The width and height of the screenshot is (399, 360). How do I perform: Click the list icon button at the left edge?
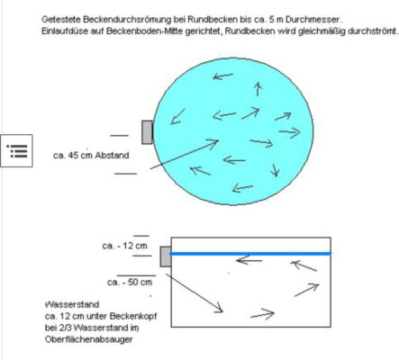[x=16, y=150]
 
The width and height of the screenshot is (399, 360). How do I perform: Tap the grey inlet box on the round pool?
[x=147, y=132]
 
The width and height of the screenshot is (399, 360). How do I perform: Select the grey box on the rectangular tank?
[x=166, y=256]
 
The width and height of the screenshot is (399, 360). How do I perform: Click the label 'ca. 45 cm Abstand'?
[x=91, y=156]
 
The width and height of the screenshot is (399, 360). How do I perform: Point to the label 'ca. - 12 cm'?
[x=124, y=246]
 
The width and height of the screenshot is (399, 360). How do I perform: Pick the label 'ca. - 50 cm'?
[x=130, y=283]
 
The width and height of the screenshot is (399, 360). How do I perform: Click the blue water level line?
[x=250, y=254]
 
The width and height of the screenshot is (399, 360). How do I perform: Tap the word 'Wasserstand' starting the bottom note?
[x=72, y=304]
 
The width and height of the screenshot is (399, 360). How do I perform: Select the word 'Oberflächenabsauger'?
[x=88, y=339]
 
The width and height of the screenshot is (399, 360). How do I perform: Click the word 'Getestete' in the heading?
[x=61, y=20]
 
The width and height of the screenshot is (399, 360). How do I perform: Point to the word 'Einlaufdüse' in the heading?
[x=65, y=31]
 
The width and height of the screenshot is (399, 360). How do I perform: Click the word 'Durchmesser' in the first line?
[x=313, y=20]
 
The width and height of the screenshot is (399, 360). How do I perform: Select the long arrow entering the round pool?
[x=184, y=155]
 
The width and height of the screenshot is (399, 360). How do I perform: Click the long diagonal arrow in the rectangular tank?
[x=195, y=293]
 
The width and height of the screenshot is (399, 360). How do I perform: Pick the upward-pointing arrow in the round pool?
[x=258, y=89]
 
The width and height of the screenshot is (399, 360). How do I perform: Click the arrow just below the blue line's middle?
[x=249, y=260]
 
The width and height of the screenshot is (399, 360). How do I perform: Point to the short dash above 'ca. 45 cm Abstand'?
[x=119, y=136]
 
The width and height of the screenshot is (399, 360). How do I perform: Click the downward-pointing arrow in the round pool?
[x=275, y=170]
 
